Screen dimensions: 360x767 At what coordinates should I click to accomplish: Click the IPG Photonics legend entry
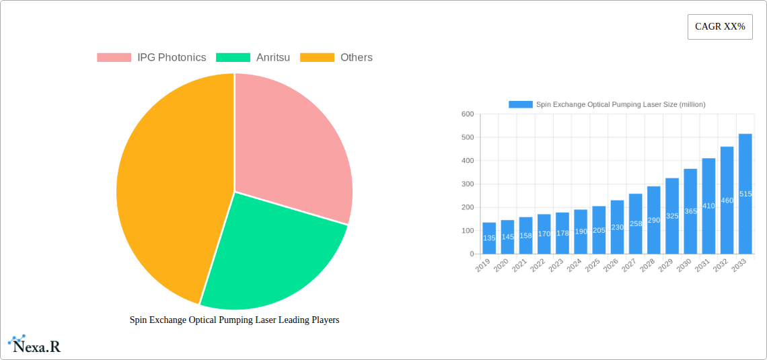pos(151,58)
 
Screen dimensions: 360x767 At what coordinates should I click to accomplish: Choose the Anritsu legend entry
pos(253,58)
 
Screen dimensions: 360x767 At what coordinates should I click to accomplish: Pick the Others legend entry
pos(336,58)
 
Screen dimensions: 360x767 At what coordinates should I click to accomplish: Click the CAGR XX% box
pos(720,27)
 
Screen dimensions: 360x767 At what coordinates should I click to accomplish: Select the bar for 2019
pos(489,238)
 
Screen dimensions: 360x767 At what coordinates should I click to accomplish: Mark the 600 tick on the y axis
pos(468,114)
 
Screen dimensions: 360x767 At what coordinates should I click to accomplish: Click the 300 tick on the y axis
pos(468,184)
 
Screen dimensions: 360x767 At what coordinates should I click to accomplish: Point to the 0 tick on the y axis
pos(471,254)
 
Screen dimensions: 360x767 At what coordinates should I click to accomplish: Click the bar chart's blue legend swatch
pos(520,104)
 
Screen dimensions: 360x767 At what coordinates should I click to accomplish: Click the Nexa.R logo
pos(35,345)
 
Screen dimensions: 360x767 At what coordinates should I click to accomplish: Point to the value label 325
pos(672,216)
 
